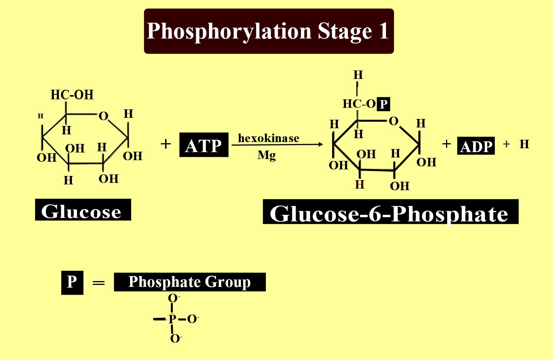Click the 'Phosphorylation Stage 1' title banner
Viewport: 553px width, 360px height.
269,31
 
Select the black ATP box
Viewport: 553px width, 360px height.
204,145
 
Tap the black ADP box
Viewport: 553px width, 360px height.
476,146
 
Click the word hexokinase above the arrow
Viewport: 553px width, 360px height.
269,138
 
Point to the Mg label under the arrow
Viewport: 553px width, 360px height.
267,155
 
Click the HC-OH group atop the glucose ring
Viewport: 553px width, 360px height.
72,95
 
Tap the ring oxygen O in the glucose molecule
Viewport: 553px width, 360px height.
104,116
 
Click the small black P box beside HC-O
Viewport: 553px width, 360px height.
384,104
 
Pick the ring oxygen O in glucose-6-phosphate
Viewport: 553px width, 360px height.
393,121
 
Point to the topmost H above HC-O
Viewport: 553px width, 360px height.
358,75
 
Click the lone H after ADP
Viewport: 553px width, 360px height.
524,144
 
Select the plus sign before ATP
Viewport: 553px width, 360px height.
165,144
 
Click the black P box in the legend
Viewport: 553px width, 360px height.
72,282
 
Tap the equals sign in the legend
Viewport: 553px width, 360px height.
99,283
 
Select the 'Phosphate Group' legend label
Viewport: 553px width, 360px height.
189,282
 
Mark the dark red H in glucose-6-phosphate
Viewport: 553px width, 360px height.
360,185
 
